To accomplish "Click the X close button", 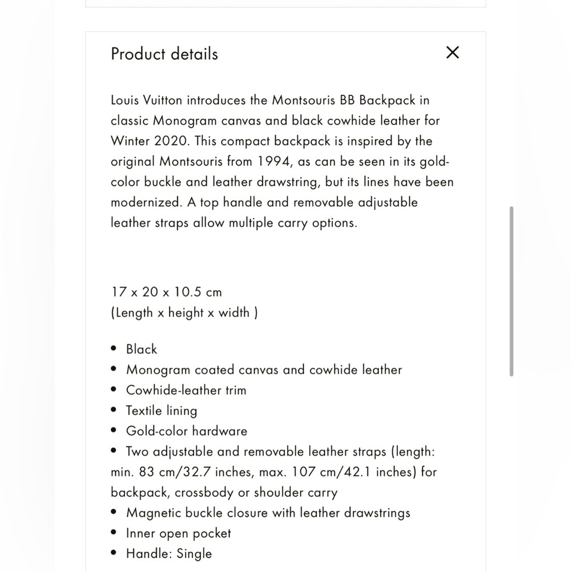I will pos(452,53).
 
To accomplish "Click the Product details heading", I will pos(164,54).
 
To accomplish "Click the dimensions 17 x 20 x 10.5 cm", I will pos(166,292).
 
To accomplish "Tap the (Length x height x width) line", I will pos(184,312).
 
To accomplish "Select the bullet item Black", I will pos(142,349).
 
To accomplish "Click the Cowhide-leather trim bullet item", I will pos(186,391).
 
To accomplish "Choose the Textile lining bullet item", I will pos(162,411).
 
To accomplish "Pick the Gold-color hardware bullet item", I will pos(187,431).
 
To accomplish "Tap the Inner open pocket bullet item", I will pos(179,533).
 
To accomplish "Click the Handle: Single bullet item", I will pos(169,554).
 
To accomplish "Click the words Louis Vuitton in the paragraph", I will pos(146,100).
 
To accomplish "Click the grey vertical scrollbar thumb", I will pos(511,291).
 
